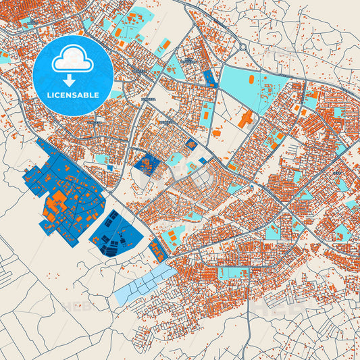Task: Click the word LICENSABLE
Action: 74,95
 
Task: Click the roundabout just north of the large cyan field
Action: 241,48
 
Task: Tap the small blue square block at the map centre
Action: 145,163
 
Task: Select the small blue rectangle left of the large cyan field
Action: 209,79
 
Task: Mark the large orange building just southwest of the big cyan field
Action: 245,120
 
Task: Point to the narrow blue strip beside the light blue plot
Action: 157,251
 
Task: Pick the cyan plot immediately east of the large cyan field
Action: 311,99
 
